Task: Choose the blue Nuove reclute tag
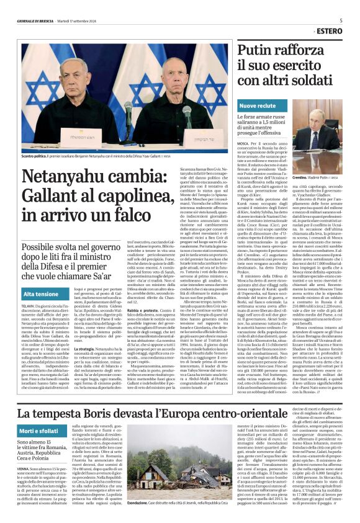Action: [x=258, y=106]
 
